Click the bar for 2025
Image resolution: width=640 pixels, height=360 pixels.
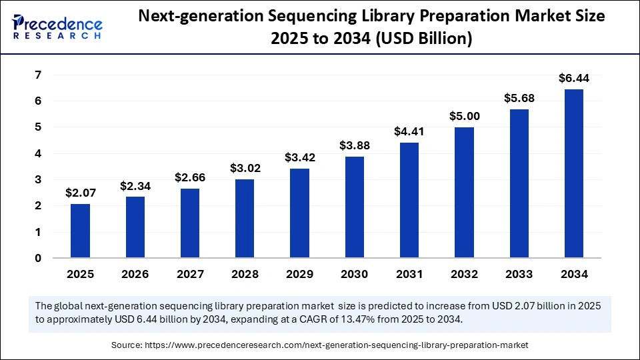point(80,231)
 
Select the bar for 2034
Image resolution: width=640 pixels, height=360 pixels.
point(575,173)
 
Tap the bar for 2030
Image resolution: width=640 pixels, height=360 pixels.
point(355,207)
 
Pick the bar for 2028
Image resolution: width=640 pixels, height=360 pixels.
point(245,219)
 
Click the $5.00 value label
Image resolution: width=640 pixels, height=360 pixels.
point(465,116)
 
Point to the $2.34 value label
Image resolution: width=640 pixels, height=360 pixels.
point(135,185)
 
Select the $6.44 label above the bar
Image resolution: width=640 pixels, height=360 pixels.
point(575,78)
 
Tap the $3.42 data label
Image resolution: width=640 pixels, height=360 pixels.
point(299,157)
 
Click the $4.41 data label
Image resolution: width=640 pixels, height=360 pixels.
point(409,131)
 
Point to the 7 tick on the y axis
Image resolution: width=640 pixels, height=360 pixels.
point(39,75)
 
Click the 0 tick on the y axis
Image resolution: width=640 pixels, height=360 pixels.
point(39,259)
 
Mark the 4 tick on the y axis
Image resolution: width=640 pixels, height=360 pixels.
point(39,153)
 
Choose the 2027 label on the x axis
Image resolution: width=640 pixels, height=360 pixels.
point(189,274)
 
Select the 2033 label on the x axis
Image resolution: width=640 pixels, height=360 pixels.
point(519,274)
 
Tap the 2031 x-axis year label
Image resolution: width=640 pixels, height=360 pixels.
point(409,274)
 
